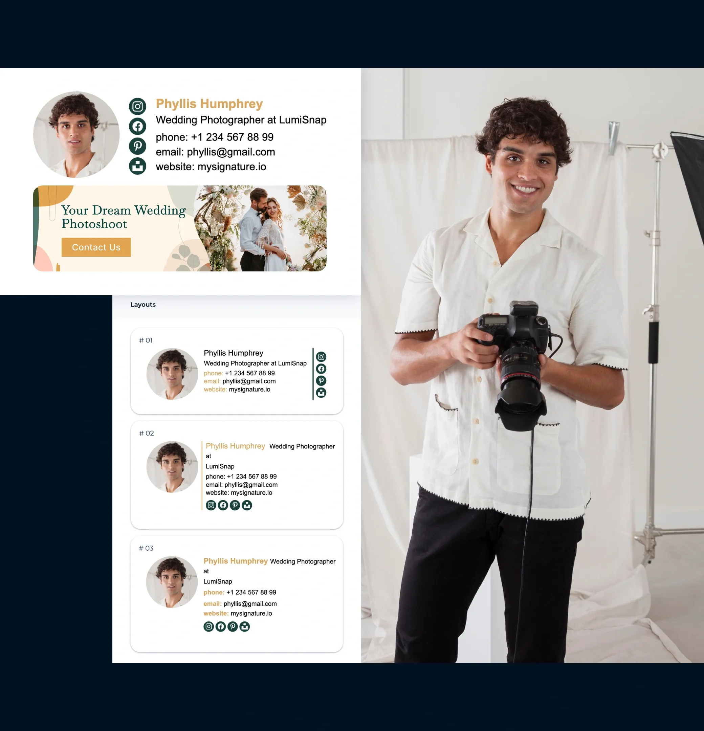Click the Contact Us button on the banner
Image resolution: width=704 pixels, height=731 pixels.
point(96,247)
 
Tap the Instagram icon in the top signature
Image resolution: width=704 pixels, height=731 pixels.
point(138,107)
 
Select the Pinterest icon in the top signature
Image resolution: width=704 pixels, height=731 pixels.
point(138,146)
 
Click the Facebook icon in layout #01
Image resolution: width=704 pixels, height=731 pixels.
point(321,369)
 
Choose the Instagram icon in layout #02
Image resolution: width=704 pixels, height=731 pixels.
point(211,505)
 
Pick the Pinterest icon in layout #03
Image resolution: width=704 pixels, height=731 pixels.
point(233,626)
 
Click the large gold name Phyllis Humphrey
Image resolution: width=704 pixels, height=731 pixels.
point(209,104)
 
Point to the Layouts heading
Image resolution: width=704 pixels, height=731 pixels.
point(143,305)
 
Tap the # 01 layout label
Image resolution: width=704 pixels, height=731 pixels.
point(146,340)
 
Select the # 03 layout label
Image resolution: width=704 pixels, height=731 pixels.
point(146,548)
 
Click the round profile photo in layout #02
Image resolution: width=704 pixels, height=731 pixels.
point(172,467)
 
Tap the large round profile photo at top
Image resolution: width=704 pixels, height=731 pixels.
point(76,135)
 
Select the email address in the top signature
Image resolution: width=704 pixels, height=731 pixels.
point(231,152)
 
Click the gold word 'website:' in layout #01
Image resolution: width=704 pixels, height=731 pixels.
point(215,390)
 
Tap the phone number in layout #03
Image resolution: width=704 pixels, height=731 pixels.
point(251,592)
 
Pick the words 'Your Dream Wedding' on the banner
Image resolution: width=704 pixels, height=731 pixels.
point(124,211)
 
